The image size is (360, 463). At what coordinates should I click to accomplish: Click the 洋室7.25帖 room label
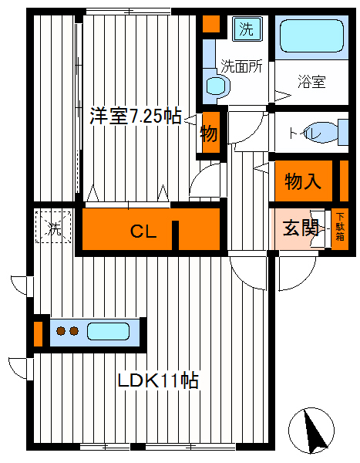(136, 117)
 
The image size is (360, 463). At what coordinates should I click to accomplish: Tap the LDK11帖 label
(158, 380)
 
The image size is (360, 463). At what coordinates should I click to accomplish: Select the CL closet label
(142, 231)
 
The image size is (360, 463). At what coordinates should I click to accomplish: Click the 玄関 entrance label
(300, 228)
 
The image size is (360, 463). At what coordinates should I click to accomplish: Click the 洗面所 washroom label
(242, 66)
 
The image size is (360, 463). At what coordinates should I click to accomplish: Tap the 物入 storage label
(303, 182)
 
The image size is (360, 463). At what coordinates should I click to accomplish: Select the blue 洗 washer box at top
(246, 30)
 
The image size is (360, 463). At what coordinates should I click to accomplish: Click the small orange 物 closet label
(209, 133)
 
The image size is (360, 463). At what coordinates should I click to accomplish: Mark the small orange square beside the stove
(38, 333)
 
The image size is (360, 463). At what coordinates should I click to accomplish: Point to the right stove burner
(74, 333)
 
